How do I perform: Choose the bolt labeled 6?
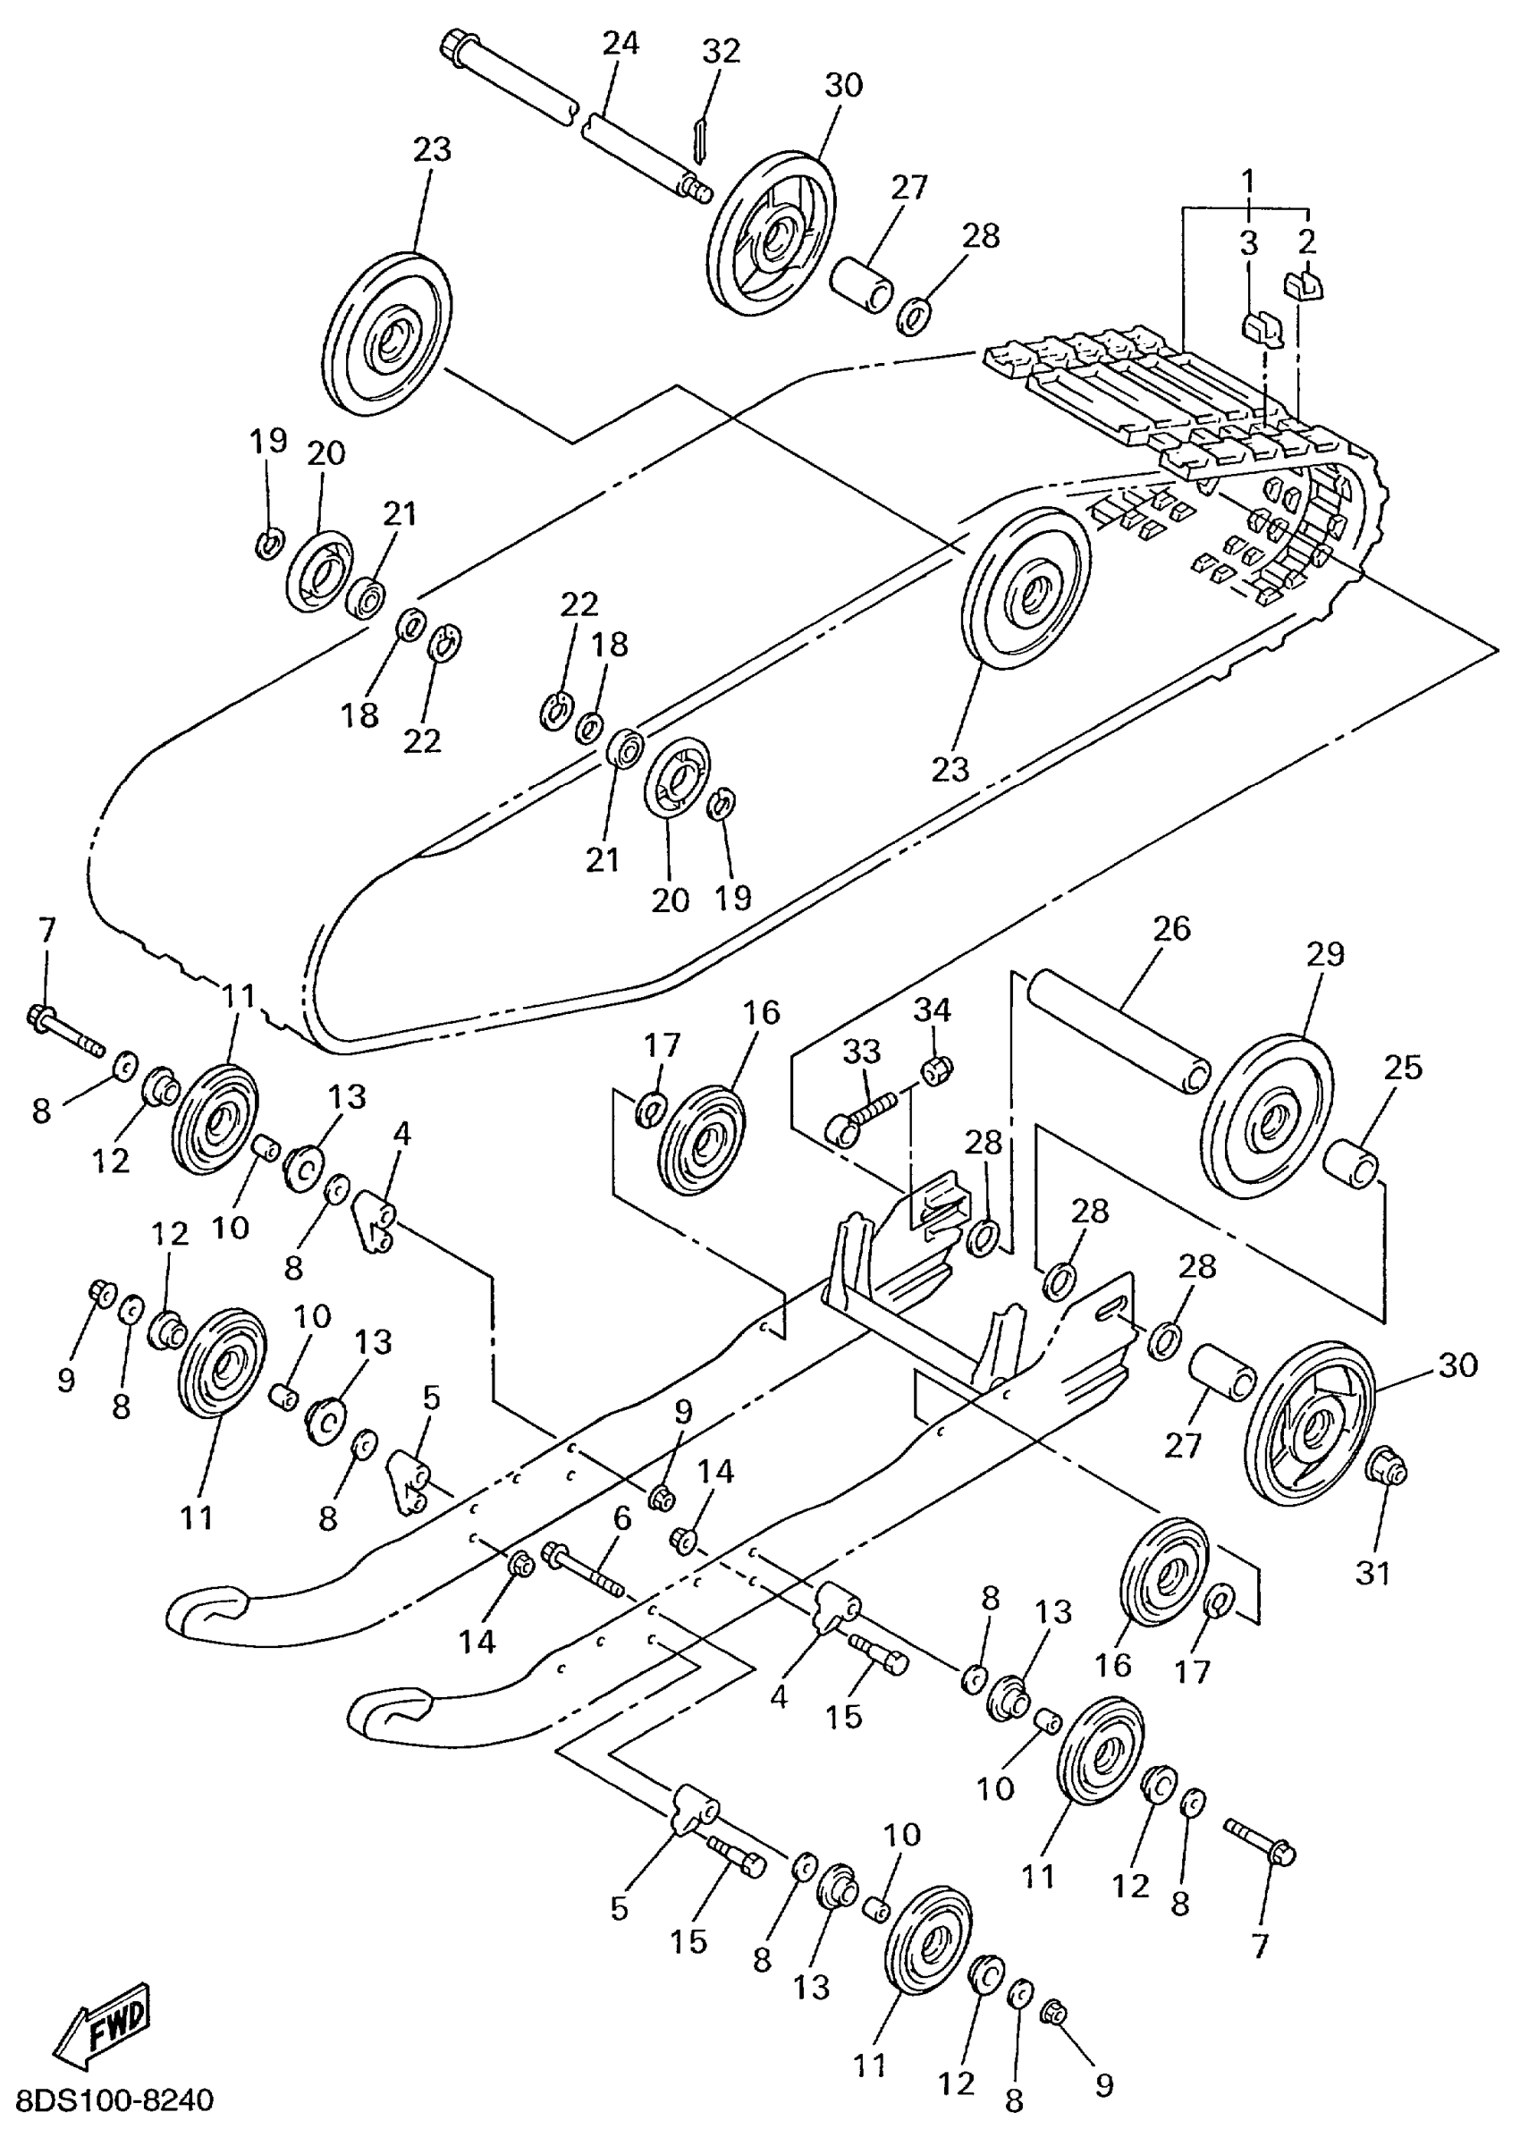(584, 1571)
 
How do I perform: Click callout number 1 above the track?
(1246, 178)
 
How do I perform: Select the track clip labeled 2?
(1302, 283)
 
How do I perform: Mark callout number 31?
(1373, 1573)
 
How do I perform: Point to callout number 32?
(721, 51)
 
